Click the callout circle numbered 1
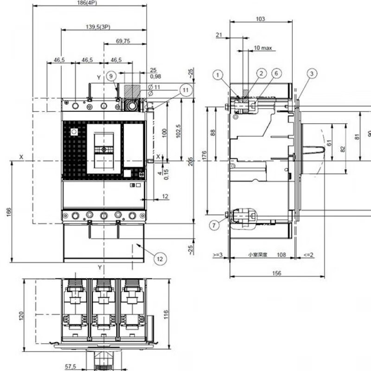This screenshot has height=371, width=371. click(x=218, y=74)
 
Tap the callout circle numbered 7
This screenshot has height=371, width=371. click(x=213, y=225)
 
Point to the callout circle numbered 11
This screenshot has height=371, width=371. click(x=186, y=90)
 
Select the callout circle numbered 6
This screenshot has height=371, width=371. click(x=276, y=73)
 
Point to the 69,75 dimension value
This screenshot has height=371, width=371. click(x=122, y=41)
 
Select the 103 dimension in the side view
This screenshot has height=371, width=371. click(x=261, y=19)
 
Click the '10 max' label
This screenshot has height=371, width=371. click(x=263, y=48)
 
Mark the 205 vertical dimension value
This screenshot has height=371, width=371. click(x=191, y=161)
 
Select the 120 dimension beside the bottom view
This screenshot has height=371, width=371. click(x=21, y=316)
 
